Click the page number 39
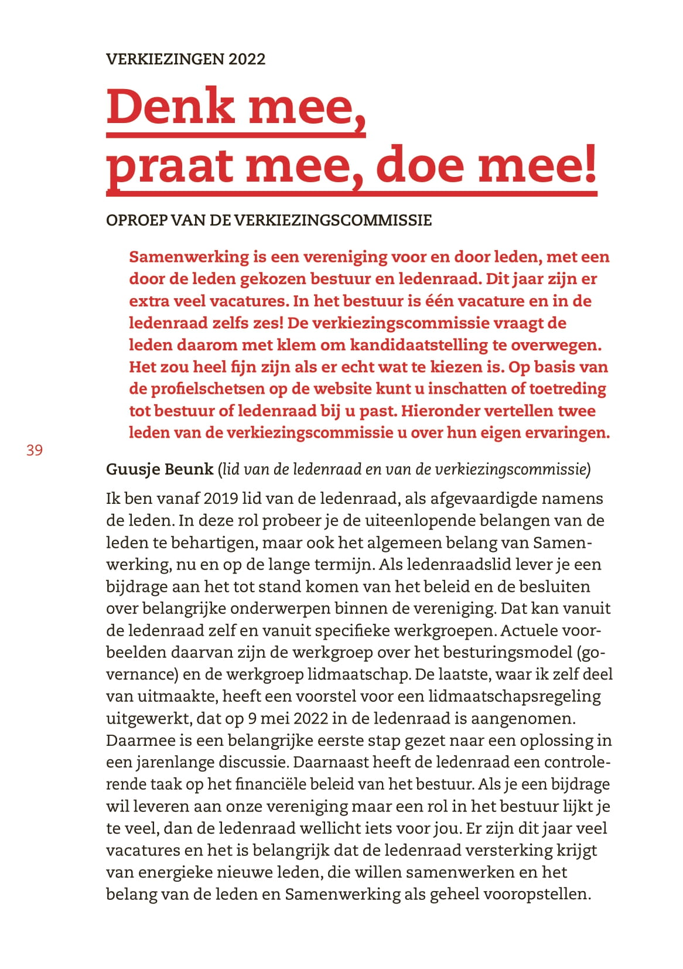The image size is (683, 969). click(x=35, y=450)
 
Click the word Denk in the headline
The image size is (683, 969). click(x=170, y=107)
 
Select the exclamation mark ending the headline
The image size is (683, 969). click(x=589, y=164)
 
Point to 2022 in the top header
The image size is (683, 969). click(x=247, y=59)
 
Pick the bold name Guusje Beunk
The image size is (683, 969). click(x=159, y=469)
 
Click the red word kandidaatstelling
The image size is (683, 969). click(x=419, y=345)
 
